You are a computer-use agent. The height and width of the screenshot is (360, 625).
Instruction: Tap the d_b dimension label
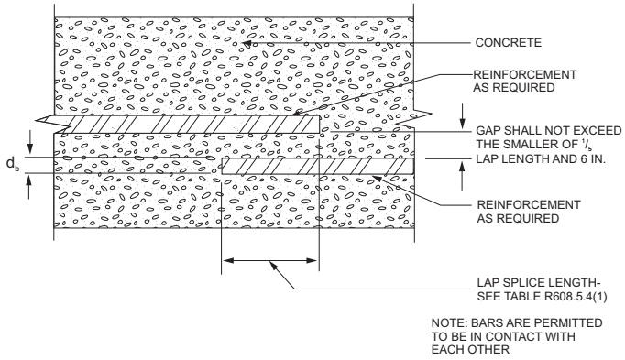pyautogui.click(x=11, y=164)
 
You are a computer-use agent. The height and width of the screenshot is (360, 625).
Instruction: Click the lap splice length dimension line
pyautogui.click(x=270, y=262)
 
